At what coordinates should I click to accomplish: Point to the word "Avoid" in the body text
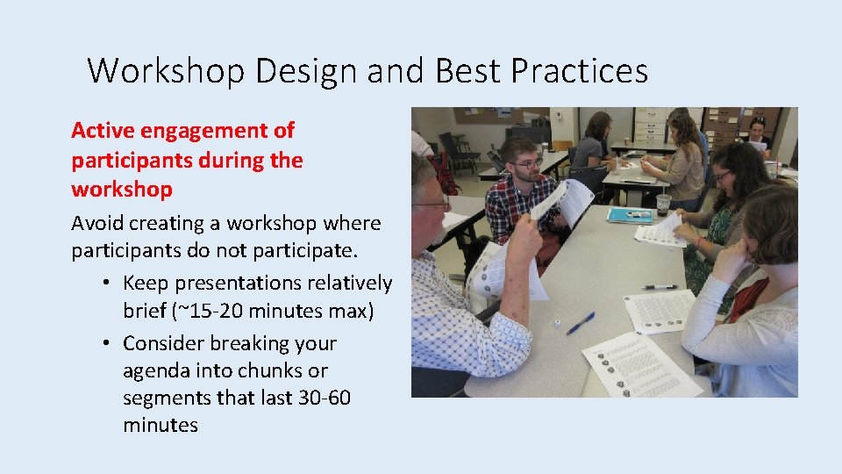coord(96,223)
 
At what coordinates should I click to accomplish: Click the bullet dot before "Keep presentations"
coord(104,284)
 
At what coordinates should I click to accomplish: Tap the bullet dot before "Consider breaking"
coord(104,343)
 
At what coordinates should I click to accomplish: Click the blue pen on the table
coord(580,324)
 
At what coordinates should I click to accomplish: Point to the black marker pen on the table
coord(659,287)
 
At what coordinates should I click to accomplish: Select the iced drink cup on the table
coord(663,203)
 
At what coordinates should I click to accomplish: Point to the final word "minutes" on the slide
coord(161,426)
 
